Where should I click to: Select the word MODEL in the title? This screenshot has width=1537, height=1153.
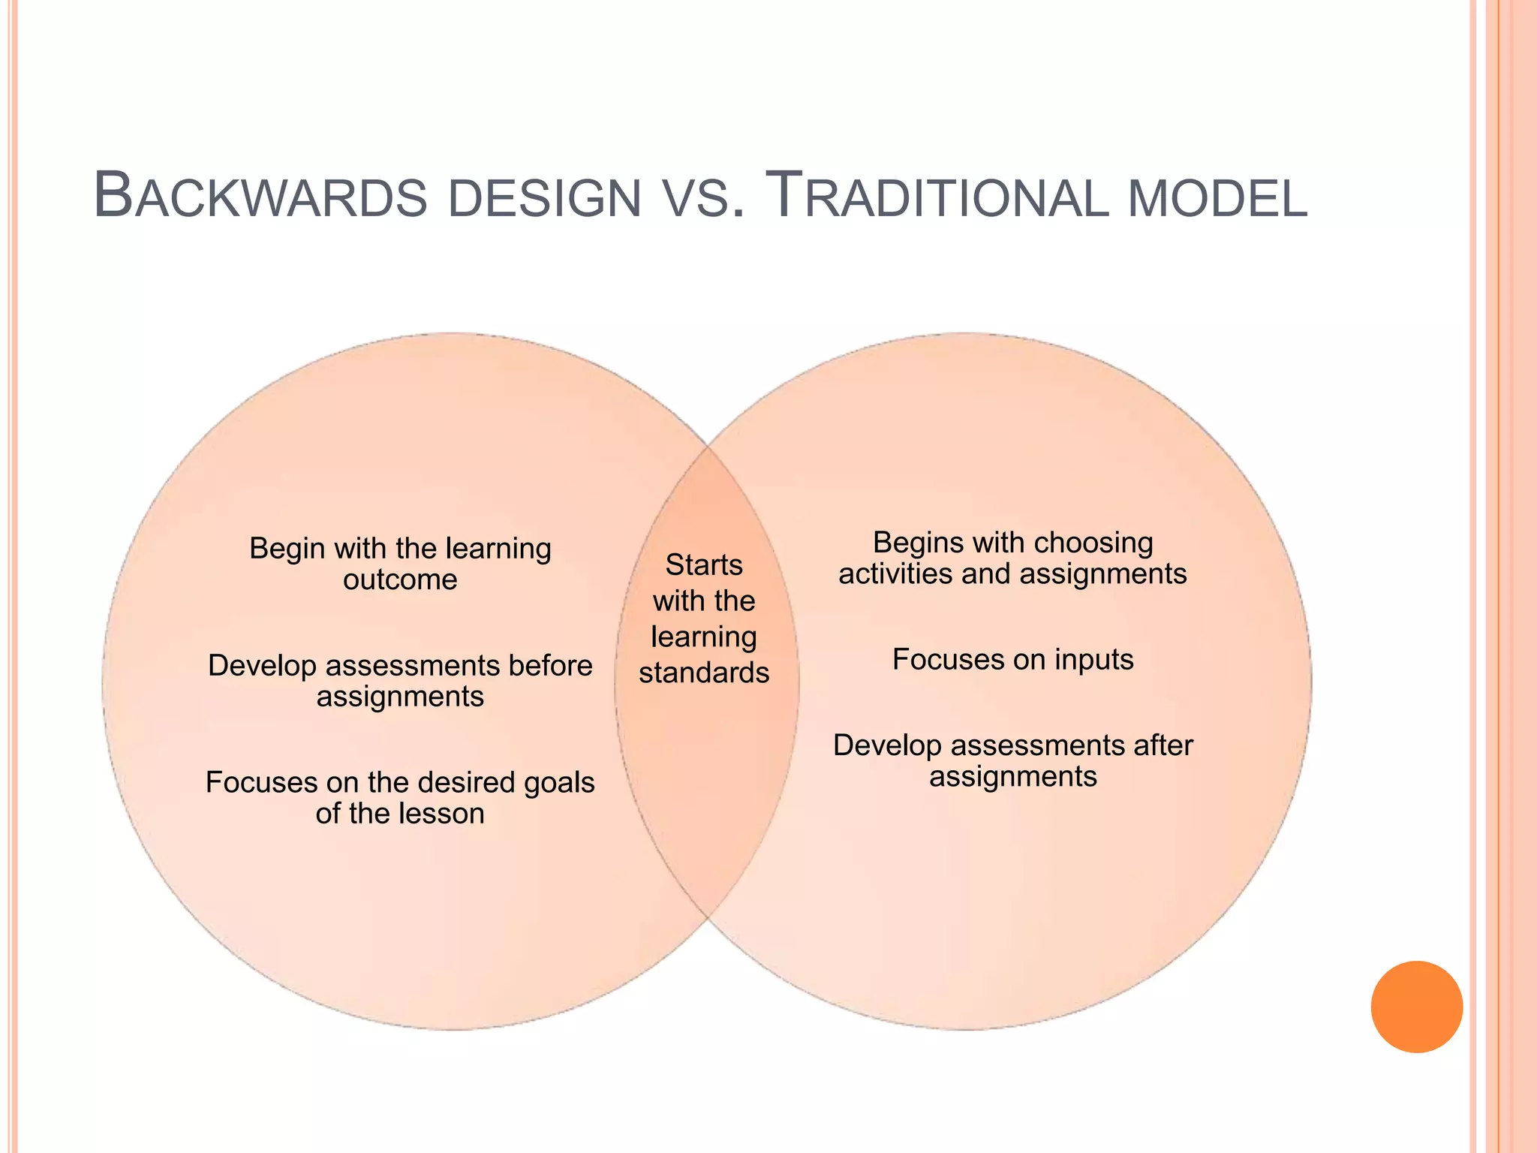click(1217, 199)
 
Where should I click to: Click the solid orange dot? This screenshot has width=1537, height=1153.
click(1416, 1007)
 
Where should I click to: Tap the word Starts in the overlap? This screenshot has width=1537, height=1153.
click(704, 564)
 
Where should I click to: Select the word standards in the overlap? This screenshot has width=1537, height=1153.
click(704, 673)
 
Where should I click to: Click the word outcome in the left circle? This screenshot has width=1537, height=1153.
click(400, 580)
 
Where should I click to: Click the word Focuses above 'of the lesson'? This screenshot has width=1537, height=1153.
click(251, 782)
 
